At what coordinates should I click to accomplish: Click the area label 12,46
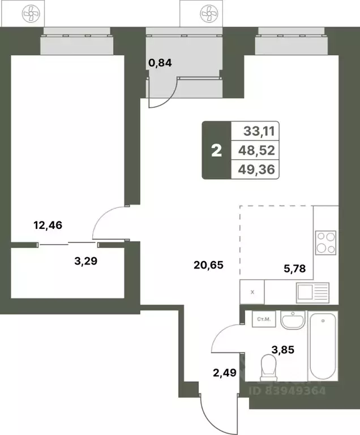(x=48, y=225)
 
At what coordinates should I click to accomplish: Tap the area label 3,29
(x=87, y=261)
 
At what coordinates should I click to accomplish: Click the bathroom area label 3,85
(x=282, y=349)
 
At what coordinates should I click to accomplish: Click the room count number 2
(x=216, y=151)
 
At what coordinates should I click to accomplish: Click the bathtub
(x=323, y=346)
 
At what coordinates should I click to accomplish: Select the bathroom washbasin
(x=293, y=321)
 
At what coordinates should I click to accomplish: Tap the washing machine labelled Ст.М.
(x=263, y=320)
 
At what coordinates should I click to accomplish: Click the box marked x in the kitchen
(x=252, y=293)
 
